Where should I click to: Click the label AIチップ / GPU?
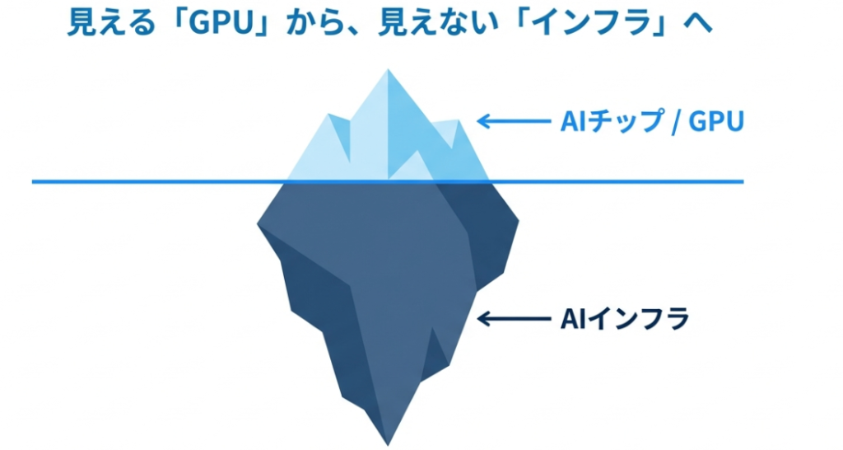coord(651,122)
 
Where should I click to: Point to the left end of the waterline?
coord(35,181)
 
